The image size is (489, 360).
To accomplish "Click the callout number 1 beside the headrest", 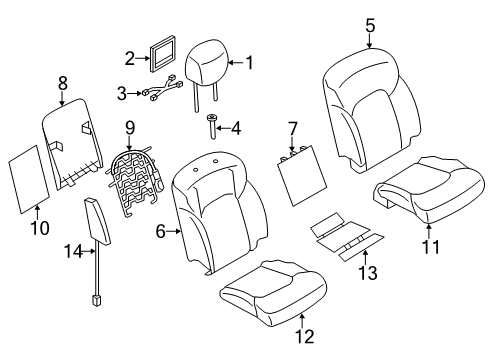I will [x=250, y=63].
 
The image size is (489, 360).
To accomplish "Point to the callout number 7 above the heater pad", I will [x=292, y=127].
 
